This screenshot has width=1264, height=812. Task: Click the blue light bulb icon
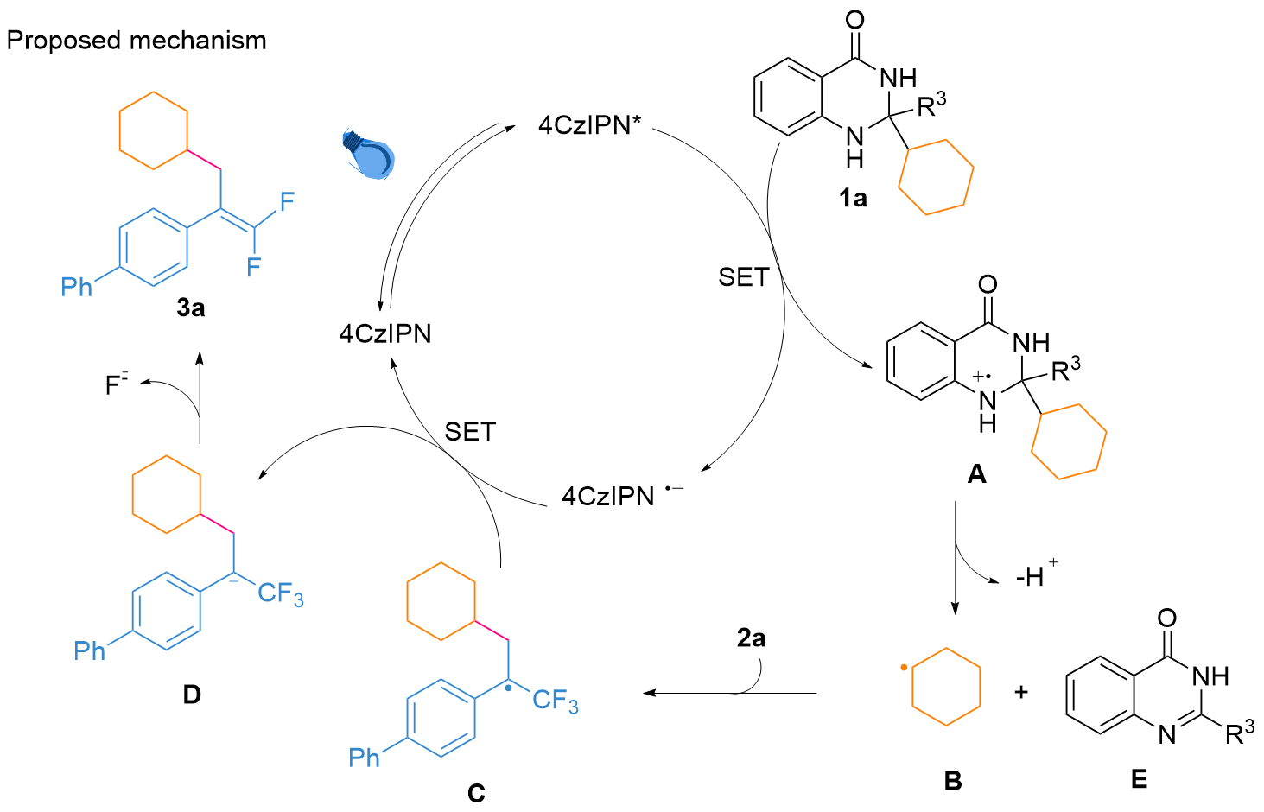(x=370, y=154)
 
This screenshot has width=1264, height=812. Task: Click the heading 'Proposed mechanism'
(x=137, y=41)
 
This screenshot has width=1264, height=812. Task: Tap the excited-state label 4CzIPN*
(x=590, y=125)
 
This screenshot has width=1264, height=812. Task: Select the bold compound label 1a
(x=853, y=199)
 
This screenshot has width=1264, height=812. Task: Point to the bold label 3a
(x=191, y=308)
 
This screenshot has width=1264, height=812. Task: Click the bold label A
(x=976, y=473)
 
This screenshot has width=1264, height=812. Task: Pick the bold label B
(x=953, y=781)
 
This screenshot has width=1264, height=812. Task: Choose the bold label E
(x=1139, y=779)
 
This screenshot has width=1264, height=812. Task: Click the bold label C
(x=476, y=793)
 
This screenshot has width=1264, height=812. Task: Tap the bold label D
(x=192, y=694)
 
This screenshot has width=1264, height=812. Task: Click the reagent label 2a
(x=751, y=638)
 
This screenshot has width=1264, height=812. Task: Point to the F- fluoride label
(x=117, y=384)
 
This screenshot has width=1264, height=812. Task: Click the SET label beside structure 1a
(x=743, y=277)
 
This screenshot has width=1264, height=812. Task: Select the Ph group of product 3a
(x=77, y=287)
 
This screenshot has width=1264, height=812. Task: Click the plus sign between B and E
(x=1021, y=692)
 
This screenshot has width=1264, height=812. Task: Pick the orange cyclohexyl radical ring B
(x=947, y=688)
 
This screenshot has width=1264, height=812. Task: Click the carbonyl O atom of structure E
(x=1166, y=619)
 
